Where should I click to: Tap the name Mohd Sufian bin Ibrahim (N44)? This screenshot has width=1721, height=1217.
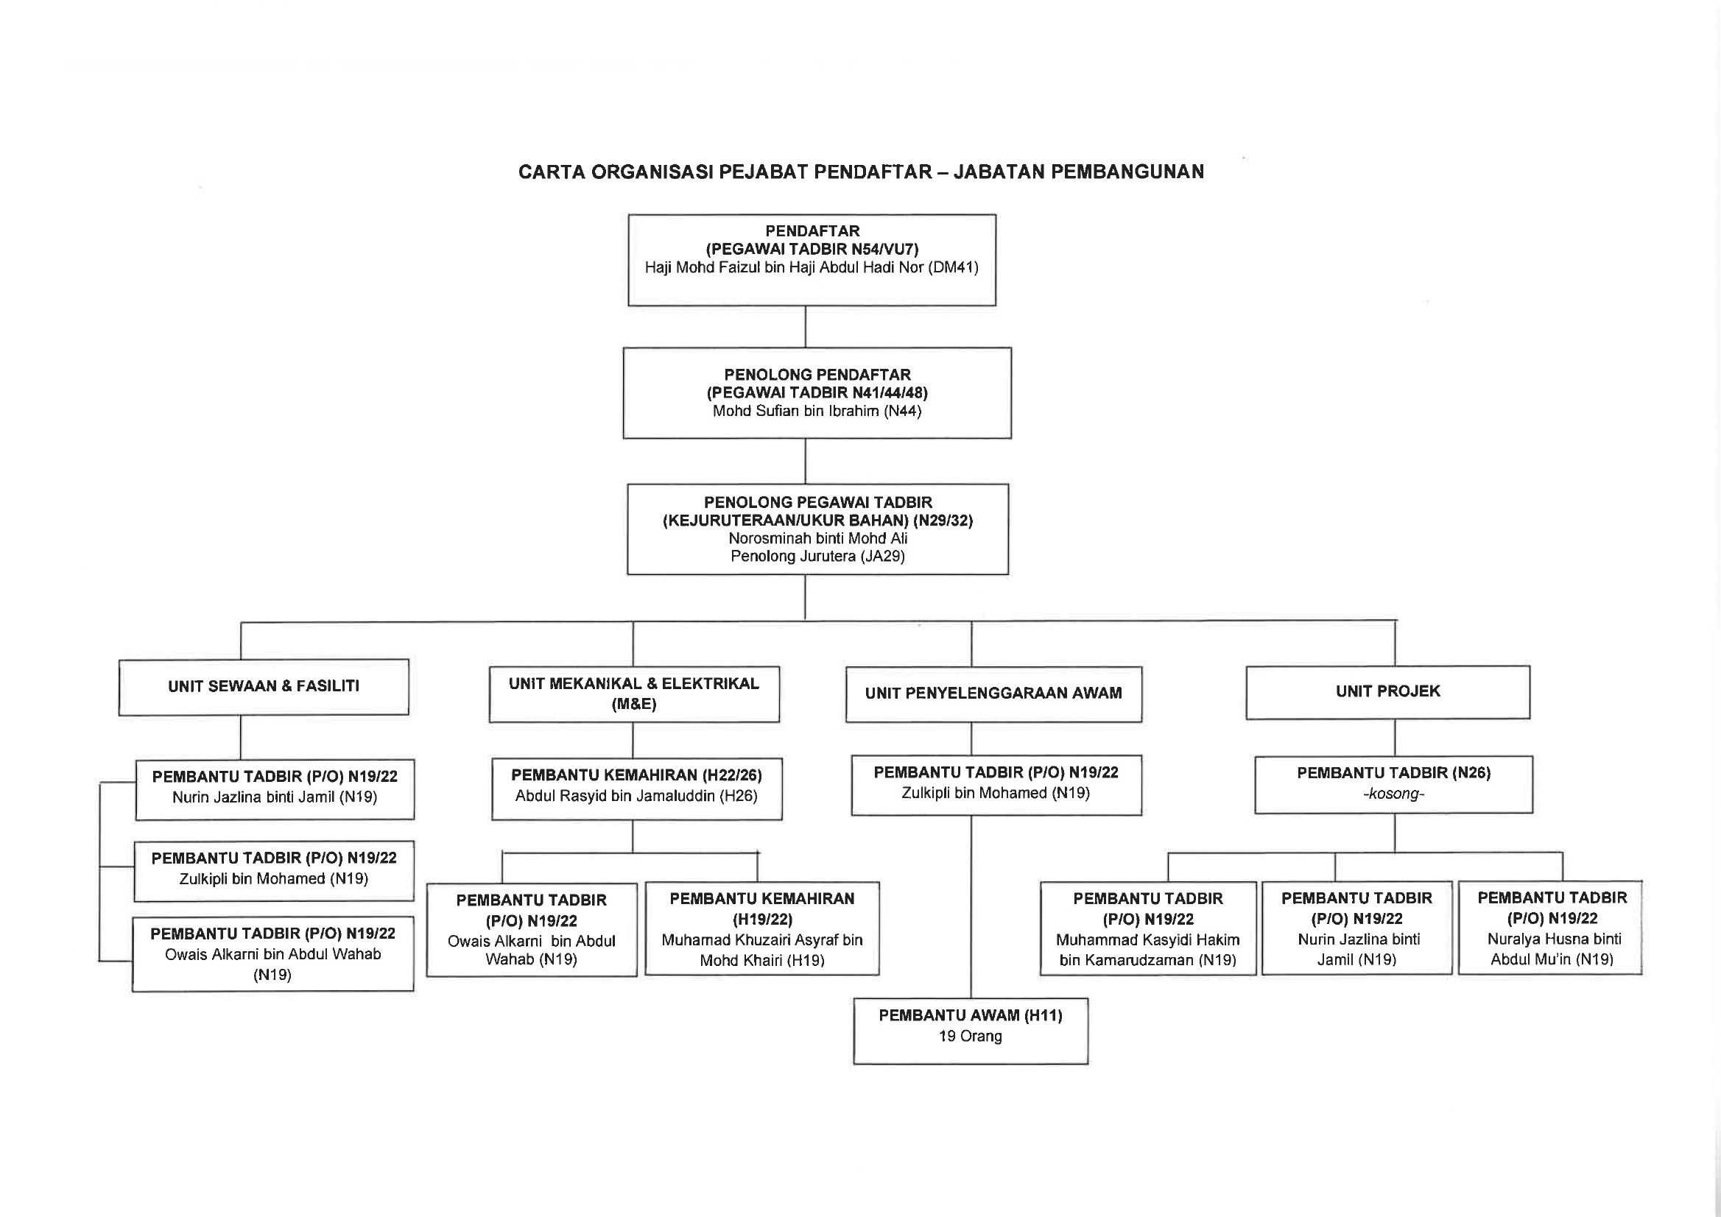[x=817, y=411]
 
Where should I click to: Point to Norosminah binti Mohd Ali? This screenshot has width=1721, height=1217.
[x=817, y=538]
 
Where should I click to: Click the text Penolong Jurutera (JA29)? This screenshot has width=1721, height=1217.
[x=817, y=556]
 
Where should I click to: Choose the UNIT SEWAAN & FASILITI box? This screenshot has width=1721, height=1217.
[x=264, y=687]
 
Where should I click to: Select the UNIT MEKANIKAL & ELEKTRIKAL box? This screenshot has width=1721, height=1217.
[x=634, y=694]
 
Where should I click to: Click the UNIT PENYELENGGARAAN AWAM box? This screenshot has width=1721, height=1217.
[x=994, y=694]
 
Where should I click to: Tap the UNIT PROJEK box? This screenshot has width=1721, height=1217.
[x=1388, y=692]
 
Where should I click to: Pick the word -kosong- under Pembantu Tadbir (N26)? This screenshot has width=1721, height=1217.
[x=1393, y=794]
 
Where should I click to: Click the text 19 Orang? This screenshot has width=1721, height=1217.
[x=971, y=1037]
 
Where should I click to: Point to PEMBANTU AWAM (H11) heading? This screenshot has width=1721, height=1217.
[x=971, y=1015]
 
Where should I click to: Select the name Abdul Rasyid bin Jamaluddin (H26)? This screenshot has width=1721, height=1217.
[x=636, y=796]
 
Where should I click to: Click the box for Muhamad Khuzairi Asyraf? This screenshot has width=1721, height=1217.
[x=762, y=928]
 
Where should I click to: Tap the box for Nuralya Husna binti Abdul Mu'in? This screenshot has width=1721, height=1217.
[x=1550, y=928]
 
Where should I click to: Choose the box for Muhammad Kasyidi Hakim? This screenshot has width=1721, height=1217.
[x=1147, y=928]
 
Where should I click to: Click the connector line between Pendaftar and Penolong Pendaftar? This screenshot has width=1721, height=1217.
[x=806, y=327]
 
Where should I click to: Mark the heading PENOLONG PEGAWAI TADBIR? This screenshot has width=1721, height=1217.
[x=817, y=502]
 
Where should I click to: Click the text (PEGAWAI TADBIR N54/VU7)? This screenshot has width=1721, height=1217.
[x=812, y=250]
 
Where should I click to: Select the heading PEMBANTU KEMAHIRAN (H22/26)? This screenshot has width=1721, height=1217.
[x=636, y=775]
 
